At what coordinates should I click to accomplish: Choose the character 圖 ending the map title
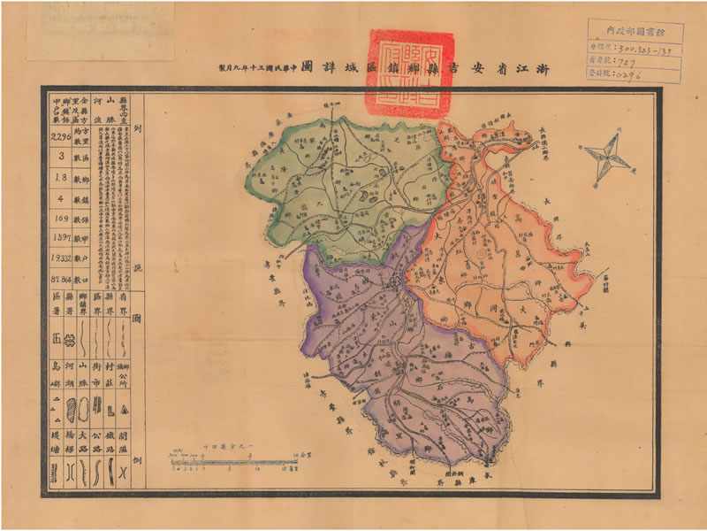[306, 67]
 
